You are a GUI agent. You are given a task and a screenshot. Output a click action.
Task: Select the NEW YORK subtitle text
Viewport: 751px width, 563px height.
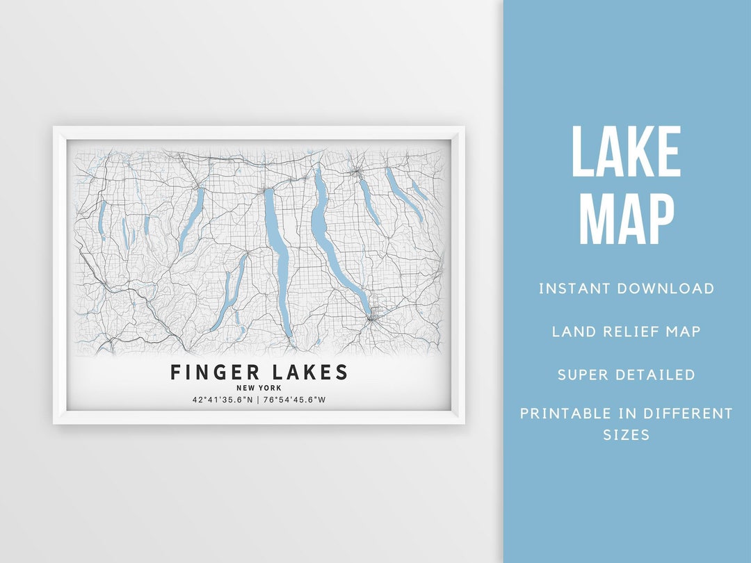coord(259,388)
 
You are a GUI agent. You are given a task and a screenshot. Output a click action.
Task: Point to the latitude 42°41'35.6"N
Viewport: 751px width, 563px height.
coord(223,400)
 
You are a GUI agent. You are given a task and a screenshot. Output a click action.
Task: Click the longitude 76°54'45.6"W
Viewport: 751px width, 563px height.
coord(294,400)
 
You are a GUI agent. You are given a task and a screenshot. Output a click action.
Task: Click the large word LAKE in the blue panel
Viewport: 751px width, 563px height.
coord(626,153)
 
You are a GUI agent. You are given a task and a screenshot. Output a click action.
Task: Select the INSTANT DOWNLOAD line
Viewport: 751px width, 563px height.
coord(626,288)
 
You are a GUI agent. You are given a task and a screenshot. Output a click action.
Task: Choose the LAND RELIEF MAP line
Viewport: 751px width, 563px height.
coord(626,332)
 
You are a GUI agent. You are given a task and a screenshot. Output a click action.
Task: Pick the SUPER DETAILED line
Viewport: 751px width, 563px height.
coord(626,375)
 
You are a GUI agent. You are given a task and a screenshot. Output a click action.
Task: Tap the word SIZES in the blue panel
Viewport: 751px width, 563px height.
coord(626,435)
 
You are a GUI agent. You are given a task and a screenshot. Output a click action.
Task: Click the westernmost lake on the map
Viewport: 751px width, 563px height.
coord(102,219)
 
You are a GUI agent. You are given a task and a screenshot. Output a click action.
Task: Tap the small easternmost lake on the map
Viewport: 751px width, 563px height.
coord(418,189)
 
